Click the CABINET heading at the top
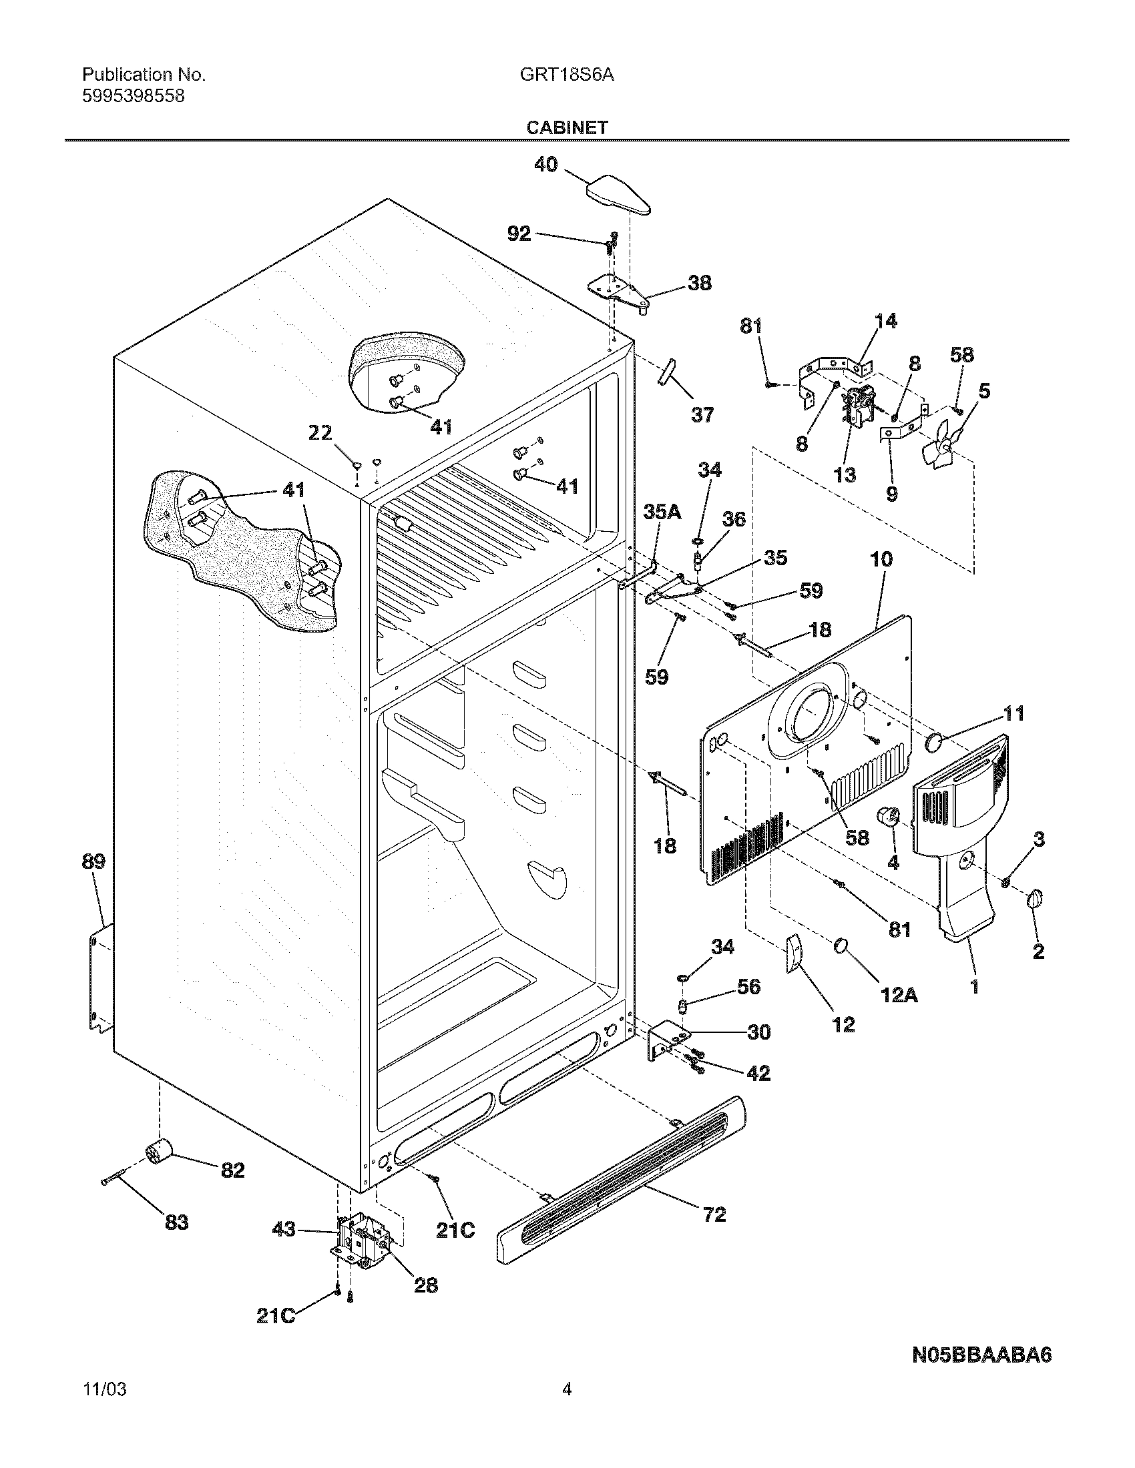tap(567, 127)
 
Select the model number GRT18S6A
tap(567, 75)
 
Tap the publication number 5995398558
tap(133, 96)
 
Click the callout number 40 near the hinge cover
tap(545, 164)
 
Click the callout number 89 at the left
tap(93, 861)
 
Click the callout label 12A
tap(899, 995)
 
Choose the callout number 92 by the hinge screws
tap(518, 234)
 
